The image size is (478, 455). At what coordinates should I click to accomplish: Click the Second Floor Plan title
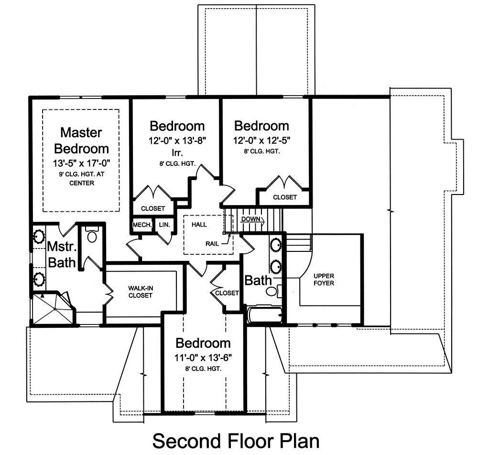[236, 440]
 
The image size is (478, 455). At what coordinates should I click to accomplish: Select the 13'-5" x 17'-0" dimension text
[81, 163]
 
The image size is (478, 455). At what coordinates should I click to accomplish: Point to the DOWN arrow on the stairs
[251, 219]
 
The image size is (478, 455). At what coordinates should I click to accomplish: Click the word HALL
[199, 224]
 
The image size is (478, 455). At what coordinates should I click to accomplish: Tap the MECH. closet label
[142, 225]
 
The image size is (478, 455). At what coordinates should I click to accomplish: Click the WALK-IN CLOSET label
[140, 292]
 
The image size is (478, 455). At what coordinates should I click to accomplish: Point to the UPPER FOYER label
[324, 280]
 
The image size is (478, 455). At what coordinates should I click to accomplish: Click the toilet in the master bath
[92, 236]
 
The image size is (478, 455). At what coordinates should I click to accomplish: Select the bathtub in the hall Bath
[265, 315]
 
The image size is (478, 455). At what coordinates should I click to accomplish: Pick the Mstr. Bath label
[61, 255]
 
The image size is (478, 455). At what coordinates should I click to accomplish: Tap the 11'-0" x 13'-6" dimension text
[204, 357]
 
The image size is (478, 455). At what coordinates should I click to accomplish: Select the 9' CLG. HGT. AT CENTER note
[81, 178]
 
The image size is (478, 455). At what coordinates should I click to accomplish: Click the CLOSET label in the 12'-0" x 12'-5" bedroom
[285, 197]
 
